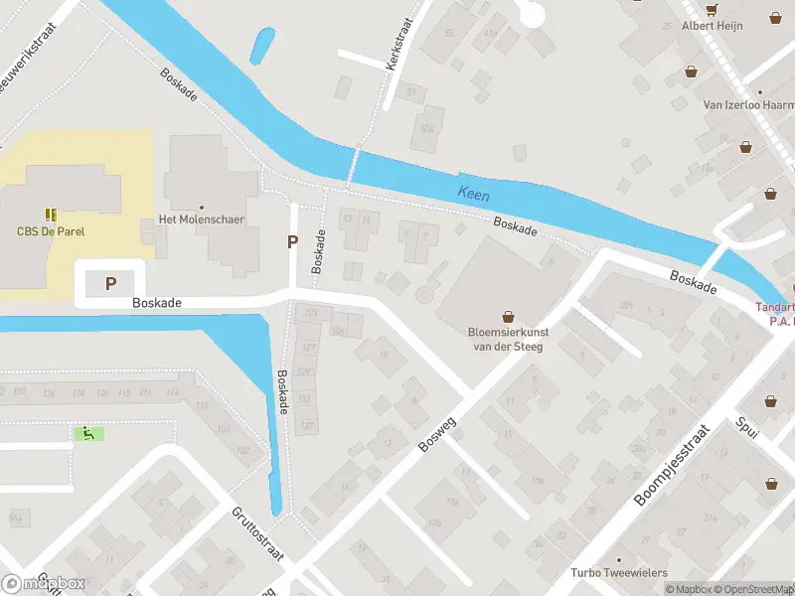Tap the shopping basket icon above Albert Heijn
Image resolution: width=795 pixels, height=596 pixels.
pos(712,10)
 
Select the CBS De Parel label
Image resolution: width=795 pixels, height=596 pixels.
pos(51,231)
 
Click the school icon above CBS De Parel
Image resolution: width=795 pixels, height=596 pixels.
pos(51,214)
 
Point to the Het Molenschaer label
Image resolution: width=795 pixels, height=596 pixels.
pos(202,220)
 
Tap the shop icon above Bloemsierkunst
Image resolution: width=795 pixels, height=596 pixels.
pos(509,316)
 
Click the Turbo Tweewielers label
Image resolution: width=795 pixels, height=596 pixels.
pos(618,572)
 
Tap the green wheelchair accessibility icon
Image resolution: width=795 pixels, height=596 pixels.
pos(88,433)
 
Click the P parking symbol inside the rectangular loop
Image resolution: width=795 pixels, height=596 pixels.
pos(110,284)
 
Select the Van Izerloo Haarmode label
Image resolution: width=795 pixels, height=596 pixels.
pos(748,104)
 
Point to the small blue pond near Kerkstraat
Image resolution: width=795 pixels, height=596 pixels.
pos(263,45)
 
